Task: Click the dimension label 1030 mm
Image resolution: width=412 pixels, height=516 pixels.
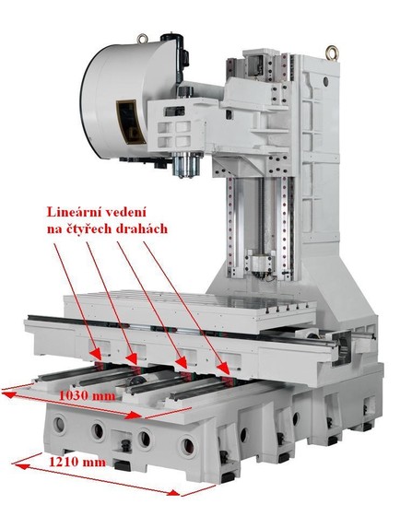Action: (x=88, y=395)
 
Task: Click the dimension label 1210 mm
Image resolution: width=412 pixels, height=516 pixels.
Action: (x=77, y=462)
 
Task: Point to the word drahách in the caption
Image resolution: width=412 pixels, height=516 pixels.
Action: (x=142, y=229)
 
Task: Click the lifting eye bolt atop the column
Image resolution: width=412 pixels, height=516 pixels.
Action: (x=332, y=53)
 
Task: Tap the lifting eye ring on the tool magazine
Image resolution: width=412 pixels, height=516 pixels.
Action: (x=142, y=39)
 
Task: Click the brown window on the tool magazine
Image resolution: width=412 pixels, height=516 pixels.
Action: (x=131, y=122)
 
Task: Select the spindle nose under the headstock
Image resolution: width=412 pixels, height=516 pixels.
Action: (x=187, y=166)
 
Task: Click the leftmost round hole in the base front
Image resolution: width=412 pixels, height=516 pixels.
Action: (x=60, y=425)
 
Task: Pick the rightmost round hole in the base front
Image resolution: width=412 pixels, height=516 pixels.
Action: (x=188, y=446)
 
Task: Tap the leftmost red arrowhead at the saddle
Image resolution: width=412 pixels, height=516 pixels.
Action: (x=96, y=354)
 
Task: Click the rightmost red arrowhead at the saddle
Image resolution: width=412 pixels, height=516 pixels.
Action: (x=224, y=369)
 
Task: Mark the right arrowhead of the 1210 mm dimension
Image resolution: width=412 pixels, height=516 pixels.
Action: (x=173, y=493)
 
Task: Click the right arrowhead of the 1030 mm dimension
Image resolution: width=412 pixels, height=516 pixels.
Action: (x=134, y=416)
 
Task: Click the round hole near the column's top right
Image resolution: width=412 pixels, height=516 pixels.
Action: (x=325, y=81)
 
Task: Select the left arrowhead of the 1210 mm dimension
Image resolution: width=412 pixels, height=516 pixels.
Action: (x=21, y=466)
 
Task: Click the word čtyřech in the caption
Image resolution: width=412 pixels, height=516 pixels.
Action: (x=88, y=229)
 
